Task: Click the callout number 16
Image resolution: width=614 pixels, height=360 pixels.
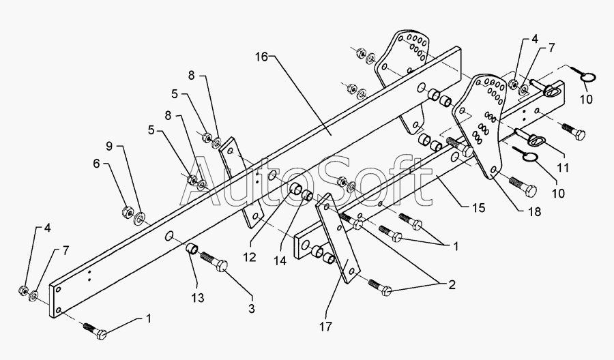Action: pyautogui.click(x=261, y=57)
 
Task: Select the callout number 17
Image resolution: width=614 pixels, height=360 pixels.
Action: pyautogui.click(x=325, y=327)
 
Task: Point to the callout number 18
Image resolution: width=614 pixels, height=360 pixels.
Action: pyautogui.click(x=534, y=211)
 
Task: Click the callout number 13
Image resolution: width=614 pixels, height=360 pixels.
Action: pyautogui.click(x=198, y=298)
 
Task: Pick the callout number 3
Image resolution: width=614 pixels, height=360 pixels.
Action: pyautogui.click(x=252, y=309)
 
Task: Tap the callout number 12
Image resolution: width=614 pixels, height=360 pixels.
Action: pyautogui.click(x=250, y=257)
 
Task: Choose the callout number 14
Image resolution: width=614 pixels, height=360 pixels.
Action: pyautogui.click(x=280, y=260)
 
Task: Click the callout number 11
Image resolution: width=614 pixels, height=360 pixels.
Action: pyautogui.click(x=563, y=168)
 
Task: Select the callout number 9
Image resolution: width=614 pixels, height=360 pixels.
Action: pyautogui.click(x=109, y=147)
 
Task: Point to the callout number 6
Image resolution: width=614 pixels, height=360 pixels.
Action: pyautogui.click(x=96, y=164)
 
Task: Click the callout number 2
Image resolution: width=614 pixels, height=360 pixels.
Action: pyautogui.click(x=452, y=285)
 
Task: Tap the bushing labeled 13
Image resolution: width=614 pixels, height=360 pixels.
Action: pyautogui.click(x=192, y=248)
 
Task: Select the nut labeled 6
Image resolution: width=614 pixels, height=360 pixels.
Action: pyautogui.click(x=127, y=212)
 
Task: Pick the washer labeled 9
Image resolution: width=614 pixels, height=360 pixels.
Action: pyautogui.click(x=139, y=218)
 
